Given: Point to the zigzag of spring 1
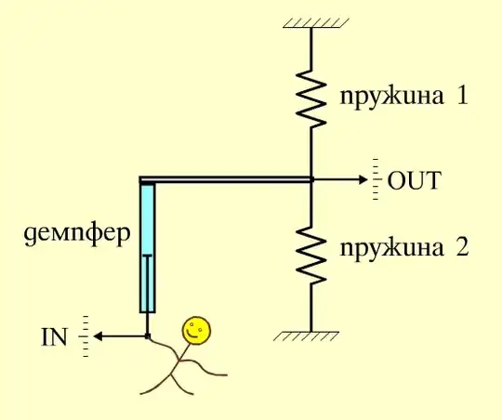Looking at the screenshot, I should point(311,101).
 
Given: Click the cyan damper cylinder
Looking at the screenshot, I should point(147,246).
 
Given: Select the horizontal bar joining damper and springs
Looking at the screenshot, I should point(228,179).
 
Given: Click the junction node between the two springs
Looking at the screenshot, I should point(311,178).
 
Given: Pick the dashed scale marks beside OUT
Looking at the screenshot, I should point(376,179).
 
